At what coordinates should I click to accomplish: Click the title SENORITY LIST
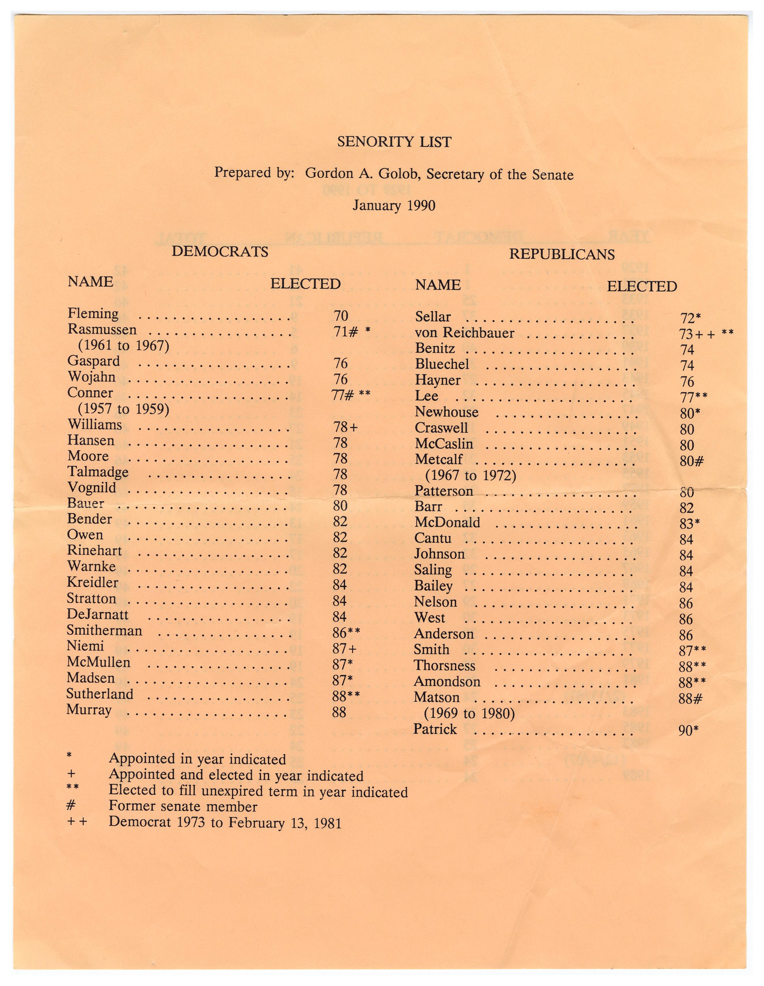pos(394,142)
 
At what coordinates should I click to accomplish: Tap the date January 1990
pos(394,206)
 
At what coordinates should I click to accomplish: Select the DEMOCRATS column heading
pos(220,251)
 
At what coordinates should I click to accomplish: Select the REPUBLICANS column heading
pos(562,254)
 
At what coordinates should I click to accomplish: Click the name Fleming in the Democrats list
pos(93,313)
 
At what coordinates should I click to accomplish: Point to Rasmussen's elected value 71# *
pos(352,332)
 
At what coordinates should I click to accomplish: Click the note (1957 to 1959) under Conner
pos(123,409)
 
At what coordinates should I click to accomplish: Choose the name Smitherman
pos(104,630)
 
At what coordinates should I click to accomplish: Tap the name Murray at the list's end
pos(89,710)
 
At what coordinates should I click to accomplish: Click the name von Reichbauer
pos(464,333)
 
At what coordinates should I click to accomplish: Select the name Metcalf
pos(439,459)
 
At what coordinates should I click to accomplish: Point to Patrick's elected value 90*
pos(689,731)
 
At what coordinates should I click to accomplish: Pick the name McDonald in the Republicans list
pos(447,523)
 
